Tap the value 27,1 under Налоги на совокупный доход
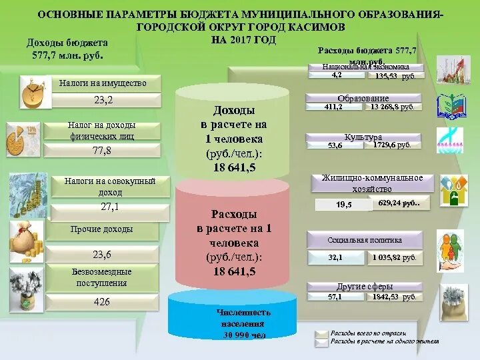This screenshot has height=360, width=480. (109, 207)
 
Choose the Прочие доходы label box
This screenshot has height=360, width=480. (101, 229)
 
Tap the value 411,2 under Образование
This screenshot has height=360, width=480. (333, 107)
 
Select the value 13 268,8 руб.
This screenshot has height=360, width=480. (393, 107)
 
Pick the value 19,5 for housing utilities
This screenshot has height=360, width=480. (344, 205)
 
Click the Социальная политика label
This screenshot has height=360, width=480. (364, 239)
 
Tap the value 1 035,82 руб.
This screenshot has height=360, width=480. (394, 257)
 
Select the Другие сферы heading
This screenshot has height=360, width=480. (364, 287)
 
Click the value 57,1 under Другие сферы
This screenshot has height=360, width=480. (335, 297)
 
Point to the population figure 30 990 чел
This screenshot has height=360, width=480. (244, 335)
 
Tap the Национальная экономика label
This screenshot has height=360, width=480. (364, 67)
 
